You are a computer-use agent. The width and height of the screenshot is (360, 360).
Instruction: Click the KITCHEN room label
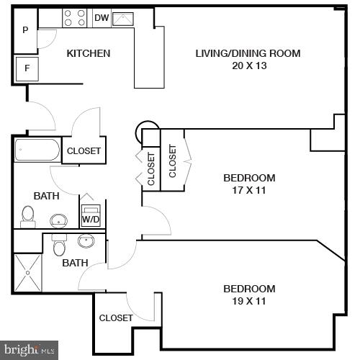click(89, 53)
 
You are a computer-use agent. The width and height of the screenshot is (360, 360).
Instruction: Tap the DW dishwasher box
click(101, 17)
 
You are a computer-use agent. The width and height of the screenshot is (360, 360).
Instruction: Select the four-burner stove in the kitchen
click(74, 17)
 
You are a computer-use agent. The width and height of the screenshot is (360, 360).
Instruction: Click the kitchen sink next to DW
click(122, 18)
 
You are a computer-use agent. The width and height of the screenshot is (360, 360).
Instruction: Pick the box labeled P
click(26, 30)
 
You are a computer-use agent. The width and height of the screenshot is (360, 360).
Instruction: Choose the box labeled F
click(27, 69)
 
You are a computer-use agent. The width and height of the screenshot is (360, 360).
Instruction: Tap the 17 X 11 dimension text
click(249, 190)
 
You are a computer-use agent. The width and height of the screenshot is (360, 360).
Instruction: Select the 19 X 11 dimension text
click(249, 301)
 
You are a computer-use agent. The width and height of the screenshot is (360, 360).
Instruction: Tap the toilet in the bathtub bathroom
click(28, 215)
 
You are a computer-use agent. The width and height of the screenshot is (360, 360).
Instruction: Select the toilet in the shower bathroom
click(60, 246)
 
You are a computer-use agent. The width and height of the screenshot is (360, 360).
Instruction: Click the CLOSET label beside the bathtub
click(84, 151)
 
